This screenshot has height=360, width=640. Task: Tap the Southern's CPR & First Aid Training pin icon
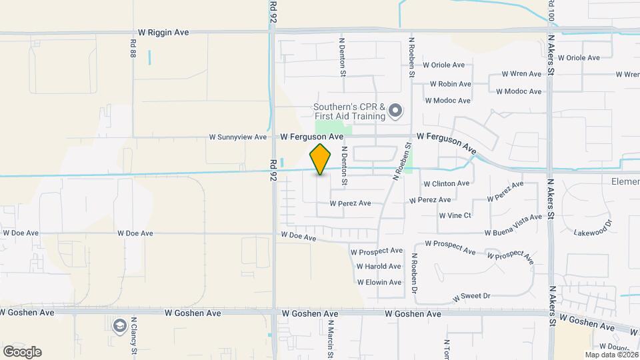tap(395, 111)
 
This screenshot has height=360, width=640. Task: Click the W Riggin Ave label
tap(163, 31)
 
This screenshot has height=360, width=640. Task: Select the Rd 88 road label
tap(133, 46)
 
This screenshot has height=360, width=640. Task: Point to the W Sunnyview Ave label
tap(237, 137)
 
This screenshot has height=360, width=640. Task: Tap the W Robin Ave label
tap(450, 85)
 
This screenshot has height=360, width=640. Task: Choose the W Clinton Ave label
tap(446, 183)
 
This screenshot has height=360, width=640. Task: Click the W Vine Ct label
tap(455, 215)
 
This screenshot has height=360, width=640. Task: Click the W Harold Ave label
tap(379, 266)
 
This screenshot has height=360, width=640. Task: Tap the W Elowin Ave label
tap(379, 283)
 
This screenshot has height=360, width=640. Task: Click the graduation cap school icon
tap(119, 325)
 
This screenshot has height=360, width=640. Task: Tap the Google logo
tap(22, 351)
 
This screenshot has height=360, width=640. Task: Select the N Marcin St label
tap(330, 340)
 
